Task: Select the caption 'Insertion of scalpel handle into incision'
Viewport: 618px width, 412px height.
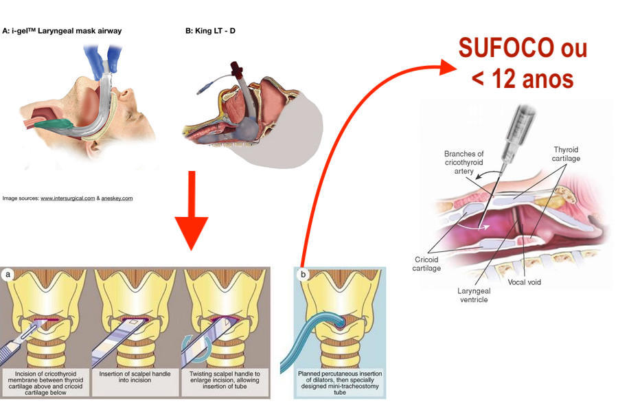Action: click(x=137, y=378)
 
